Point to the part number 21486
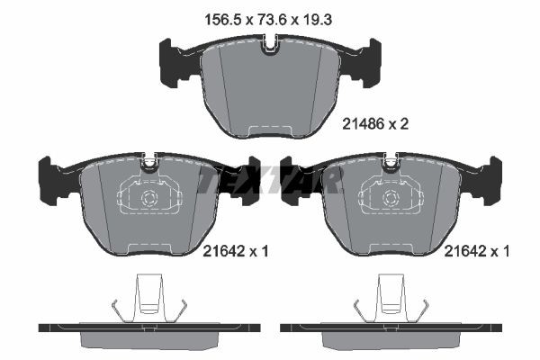[363, 127]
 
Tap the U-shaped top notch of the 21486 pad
[270, 44]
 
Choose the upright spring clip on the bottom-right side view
[391, 297]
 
